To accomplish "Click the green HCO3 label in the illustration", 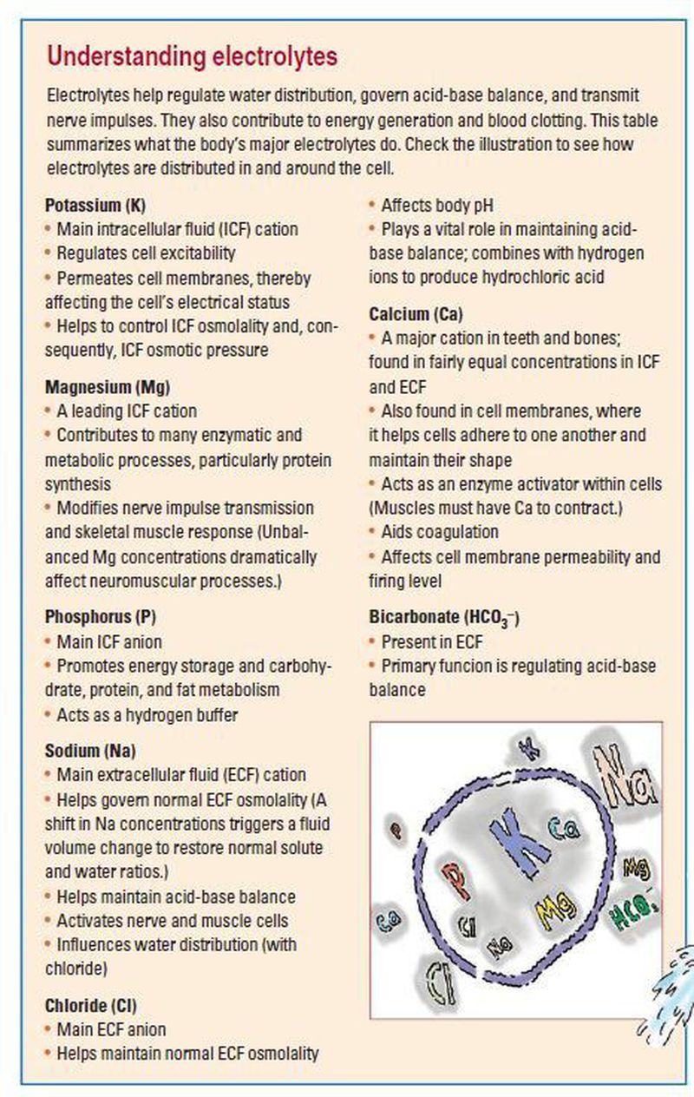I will click(x=638, y=916).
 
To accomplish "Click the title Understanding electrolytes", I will click(x=192, y=57).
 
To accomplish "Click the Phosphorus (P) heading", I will click(x=100, y=617).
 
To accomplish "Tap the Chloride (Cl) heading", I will click(x=91, y=1006).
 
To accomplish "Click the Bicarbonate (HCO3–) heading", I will click(x=444, y=618).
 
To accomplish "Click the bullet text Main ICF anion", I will click(x=108, y=642).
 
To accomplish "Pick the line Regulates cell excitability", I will click(x=146, y=253).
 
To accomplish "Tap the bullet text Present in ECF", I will click(x=432, y=642).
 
